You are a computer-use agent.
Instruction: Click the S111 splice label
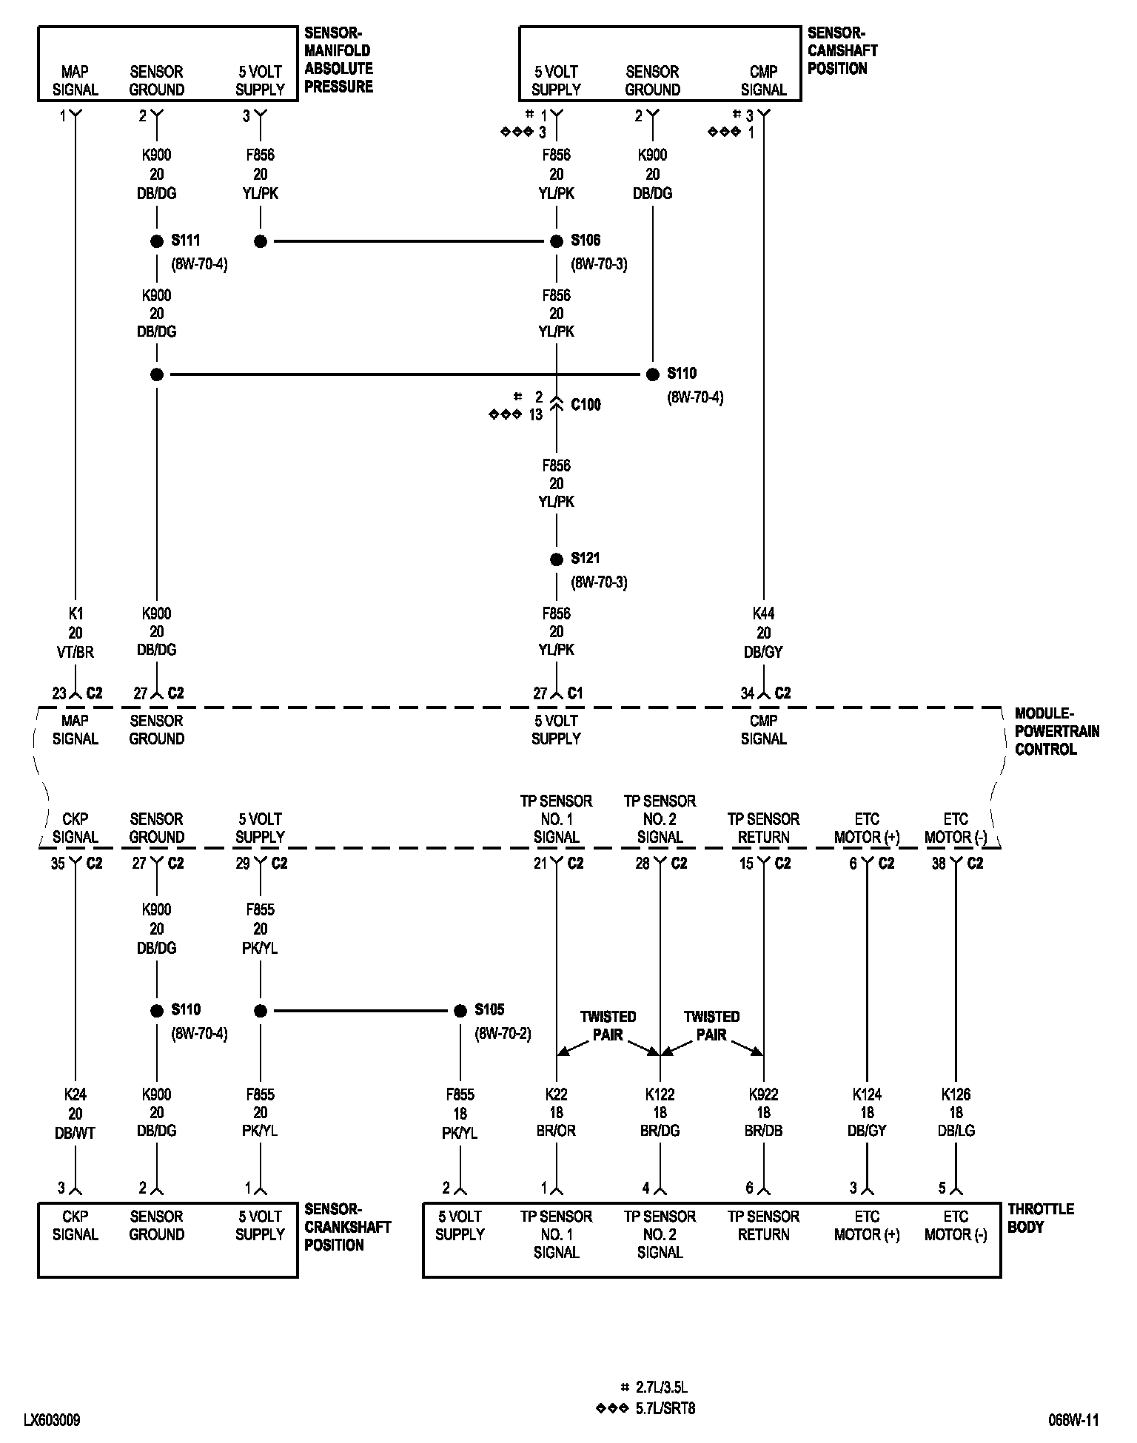[186, 240]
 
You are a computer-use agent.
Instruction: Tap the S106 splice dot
[557, 241]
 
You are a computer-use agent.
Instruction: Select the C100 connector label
[586, 405]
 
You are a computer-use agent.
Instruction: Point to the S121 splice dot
[557, 559]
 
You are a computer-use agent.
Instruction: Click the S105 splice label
[489, 1009]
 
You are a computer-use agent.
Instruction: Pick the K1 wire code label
[76, 613]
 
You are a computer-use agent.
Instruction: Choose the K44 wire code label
[763, 613]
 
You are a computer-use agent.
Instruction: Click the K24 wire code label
[76, 1094]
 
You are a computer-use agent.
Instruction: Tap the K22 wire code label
[557, 1094]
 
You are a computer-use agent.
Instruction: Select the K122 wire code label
[660, 1094]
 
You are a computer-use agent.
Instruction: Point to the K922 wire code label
[763, 1094]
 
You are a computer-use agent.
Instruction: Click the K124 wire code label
[867, 1094]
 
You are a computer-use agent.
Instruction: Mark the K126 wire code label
[956, 1094]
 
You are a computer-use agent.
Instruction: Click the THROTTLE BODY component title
[1041, 1218]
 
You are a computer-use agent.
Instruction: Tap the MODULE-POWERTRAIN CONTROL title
[1056, 731]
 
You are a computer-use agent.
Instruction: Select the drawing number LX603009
[52, 1420]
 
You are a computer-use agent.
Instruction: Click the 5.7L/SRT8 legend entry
[665, 1408]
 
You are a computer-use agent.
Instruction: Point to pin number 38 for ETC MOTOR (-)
[939, 864]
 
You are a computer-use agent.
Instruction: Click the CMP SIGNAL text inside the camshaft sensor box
[763, 81]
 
